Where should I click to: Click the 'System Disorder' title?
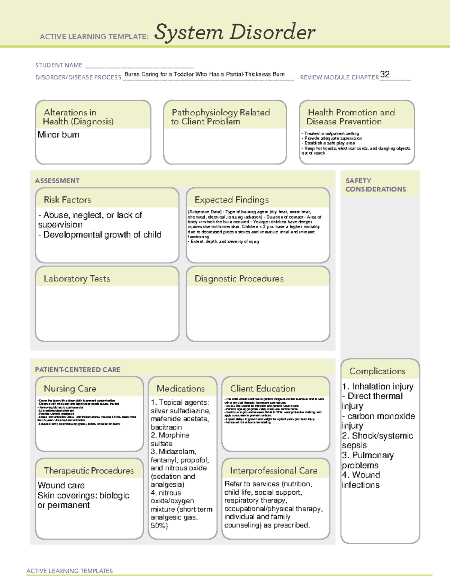tap(235, 32)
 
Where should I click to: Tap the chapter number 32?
tap(385, 74)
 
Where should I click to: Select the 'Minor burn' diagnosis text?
tap(58, 135)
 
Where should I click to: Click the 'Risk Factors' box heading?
tap(67, 200)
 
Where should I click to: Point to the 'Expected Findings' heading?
tap(232, 200)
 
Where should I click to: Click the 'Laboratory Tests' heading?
tap(77, 278)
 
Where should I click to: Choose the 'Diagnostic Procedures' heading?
tap(239, 278)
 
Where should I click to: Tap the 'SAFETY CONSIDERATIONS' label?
tap(376, 185)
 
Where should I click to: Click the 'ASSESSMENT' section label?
tap(57, 181)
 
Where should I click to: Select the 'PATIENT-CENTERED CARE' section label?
tap(78, 370)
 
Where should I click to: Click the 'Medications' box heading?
tap(181, 389)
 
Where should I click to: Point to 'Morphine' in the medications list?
tap(174, 435)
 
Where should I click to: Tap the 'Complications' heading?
tap(377, 371)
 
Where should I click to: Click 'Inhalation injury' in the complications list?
tap(382, 386)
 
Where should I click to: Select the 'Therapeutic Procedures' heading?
tap(89, 470)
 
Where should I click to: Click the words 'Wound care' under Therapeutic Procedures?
tap(61, 485)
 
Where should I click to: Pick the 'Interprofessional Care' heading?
tap(274, 470)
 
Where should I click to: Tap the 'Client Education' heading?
tap(263, 389)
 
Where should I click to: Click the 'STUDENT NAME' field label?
tap(59, 65)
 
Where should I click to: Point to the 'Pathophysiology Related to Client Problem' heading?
tap(220, 117)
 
